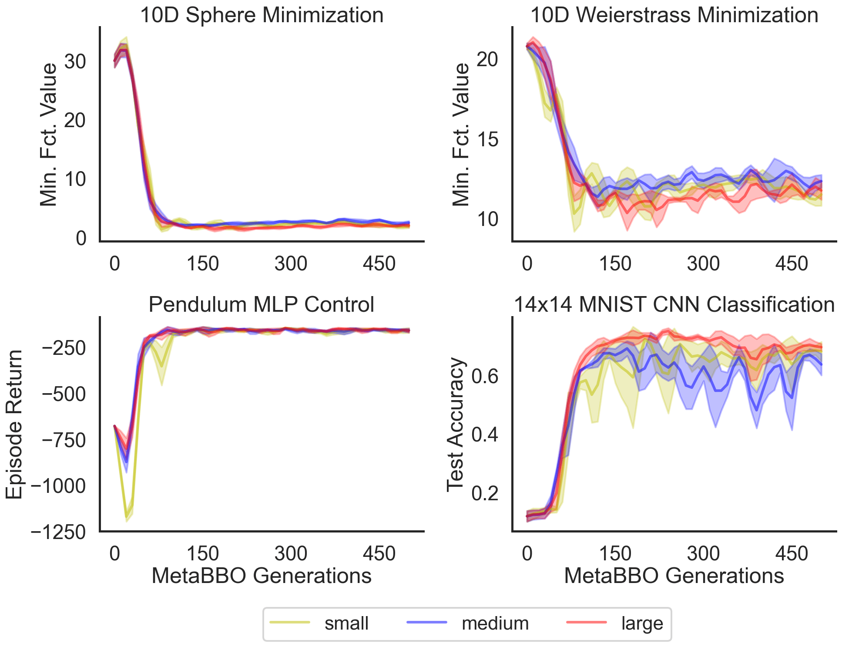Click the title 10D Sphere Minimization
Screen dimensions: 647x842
pos(262,15)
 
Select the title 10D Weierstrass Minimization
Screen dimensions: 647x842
pos(674,15)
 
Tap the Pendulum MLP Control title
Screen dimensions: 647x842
pos(261,304)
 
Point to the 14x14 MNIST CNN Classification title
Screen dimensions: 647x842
pos(674,304)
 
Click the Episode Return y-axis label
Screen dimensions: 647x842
pos(14,424)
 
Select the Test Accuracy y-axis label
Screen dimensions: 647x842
pos(456,424)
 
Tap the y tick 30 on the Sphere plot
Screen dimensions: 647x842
pos(75,61)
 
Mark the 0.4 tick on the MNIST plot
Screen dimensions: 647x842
pos(485,435)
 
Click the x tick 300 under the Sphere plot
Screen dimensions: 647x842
pos(291,264)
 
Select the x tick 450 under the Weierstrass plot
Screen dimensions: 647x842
pos(792,264)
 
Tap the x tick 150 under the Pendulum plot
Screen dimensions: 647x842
pos(202,554)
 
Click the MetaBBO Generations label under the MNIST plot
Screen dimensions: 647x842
pos(674,576)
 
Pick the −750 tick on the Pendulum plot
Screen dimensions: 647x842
pos(64,440)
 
